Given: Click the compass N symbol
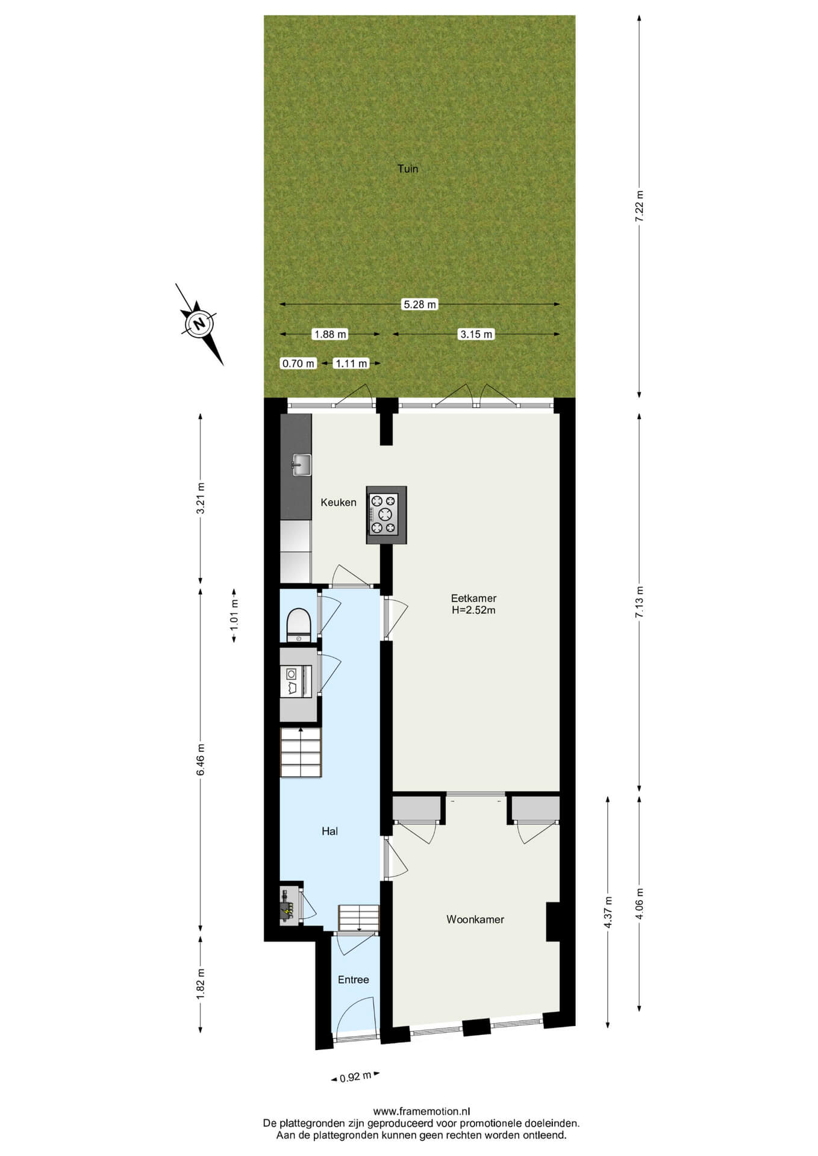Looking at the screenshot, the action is pyautogui.click(x=199, y=324).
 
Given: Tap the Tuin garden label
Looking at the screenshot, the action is pyautogui.click(x=408, y=169).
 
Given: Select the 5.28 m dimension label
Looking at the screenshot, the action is pyautogui.click(x=419, y=305).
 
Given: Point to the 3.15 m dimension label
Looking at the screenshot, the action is pyautogui.click(x=476, y=334).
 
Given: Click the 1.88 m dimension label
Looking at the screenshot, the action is pyautogui.click(x=330, y=334).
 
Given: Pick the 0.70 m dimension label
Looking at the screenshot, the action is pyautogui.click(x=299, y=363).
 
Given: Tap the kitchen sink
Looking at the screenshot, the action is pyautogui.click(x=301, y=465).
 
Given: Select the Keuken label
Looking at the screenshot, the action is pyautogui.click(x=339, y=502).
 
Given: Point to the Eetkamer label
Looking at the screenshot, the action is pyautogui.click(x=474, y=598).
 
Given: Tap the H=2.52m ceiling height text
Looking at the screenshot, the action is pyautogui.click(x=474, y=610).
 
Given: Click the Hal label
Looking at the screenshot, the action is pyautogui.click(x=329, y=831).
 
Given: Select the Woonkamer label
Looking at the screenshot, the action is pyautogui.click(x=475, y=919).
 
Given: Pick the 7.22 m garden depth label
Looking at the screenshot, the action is pyautogui.click(x=639, y=207).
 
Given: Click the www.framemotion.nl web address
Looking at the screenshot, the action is pyautogui.click(x=422, y=1111).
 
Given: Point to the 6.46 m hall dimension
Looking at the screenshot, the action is pyautogui.click(x=201, y=760).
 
